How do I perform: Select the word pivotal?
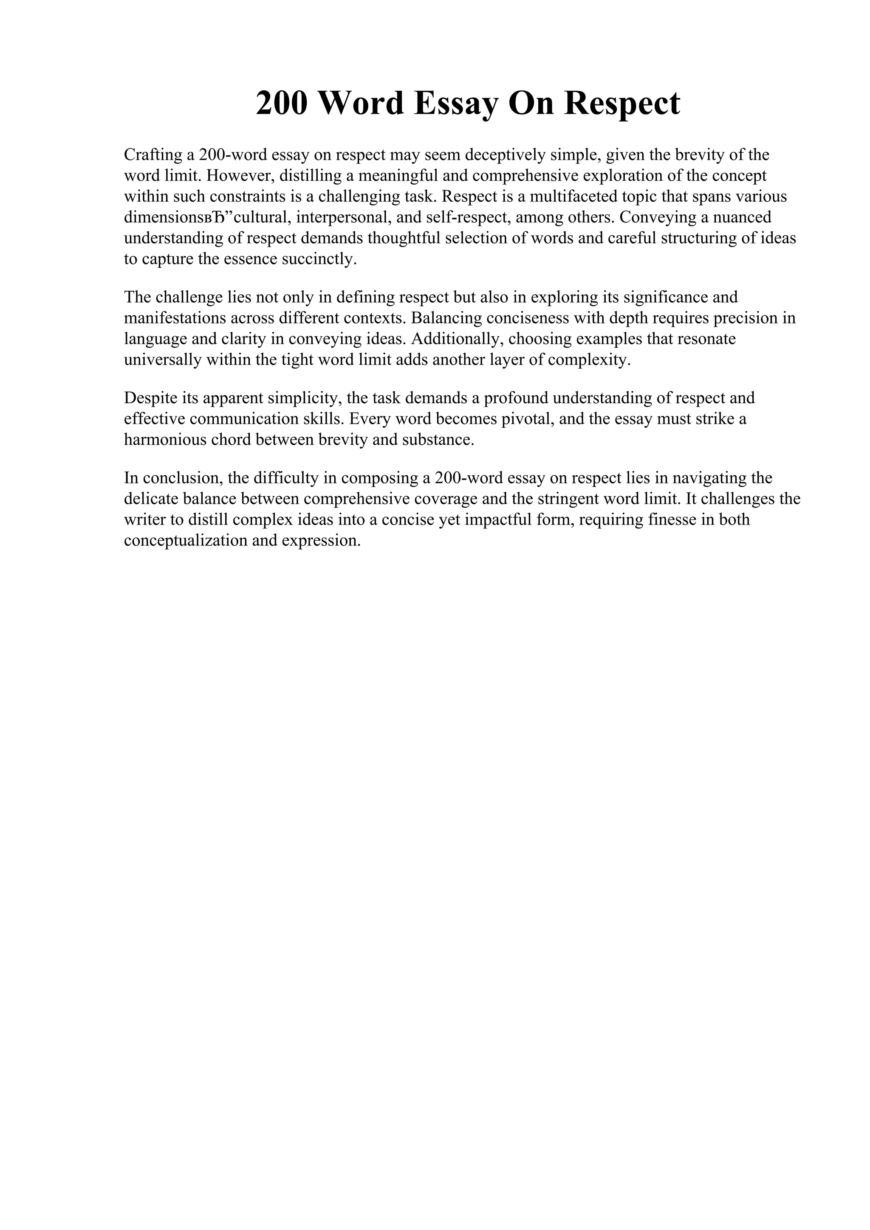(525, 419)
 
